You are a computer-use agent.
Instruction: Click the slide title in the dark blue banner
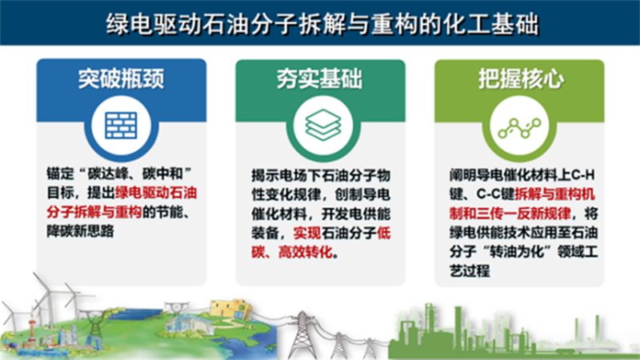point(322,24)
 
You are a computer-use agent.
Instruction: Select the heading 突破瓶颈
point(122,78)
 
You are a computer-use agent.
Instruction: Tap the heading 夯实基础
point(319,78)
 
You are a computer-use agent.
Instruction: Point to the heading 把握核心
point(522,78)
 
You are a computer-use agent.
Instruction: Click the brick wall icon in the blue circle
point(122,126)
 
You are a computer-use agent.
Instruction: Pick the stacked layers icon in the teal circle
point(323,125)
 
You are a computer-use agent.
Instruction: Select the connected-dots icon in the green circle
point(519,128)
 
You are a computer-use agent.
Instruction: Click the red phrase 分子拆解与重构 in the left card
point(94,212)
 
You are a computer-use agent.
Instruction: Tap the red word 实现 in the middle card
point(307,233)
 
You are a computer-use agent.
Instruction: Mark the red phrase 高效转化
point(306,252)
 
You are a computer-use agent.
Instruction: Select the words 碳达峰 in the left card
point(108,174)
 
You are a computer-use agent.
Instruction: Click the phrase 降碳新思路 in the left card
point(81,231)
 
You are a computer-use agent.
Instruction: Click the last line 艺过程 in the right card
point(470,270)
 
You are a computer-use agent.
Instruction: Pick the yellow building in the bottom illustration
point(230,309)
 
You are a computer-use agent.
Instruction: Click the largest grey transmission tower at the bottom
point(302,334)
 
